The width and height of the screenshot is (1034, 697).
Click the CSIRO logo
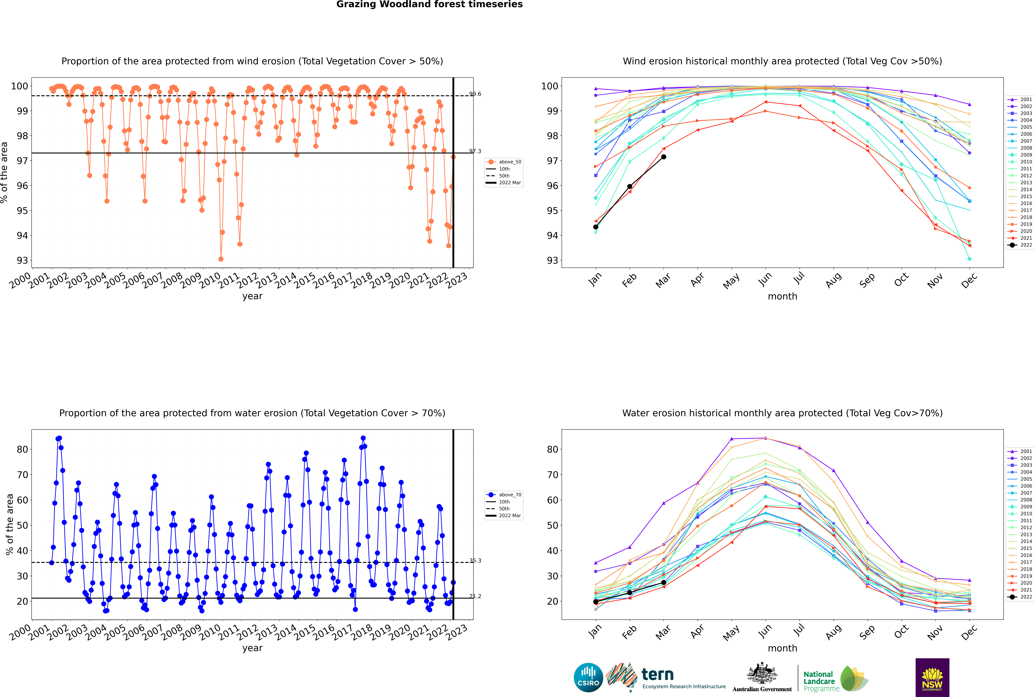point(588,677)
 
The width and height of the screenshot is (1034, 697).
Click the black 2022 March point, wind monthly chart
point(663,157)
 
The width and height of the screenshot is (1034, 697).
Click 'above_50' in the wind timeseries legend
point(509,162)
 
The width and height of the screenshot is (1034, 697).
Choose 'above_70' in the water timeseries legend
point(509,495)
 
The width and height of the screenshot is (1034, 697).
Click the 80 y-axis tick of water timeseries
point(22,449)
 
